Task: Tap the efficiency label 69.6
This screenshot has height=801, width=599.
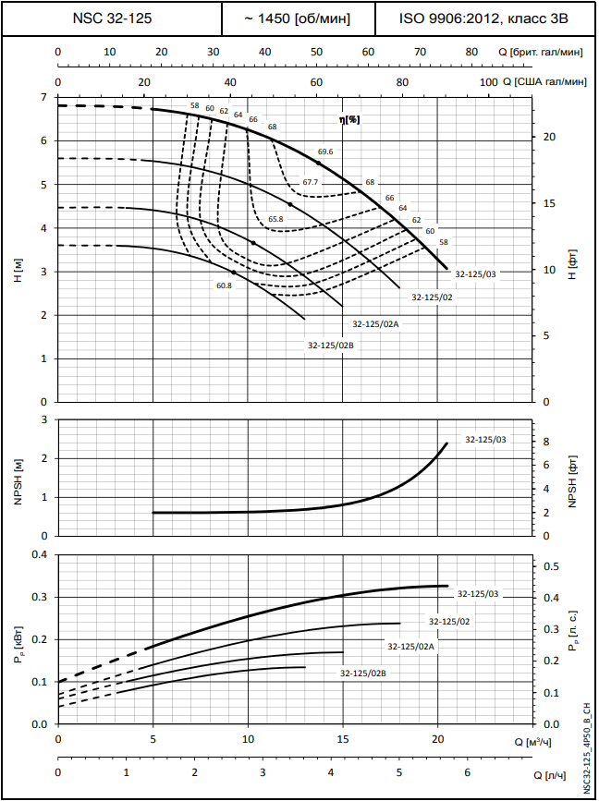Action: [x=324, y=151]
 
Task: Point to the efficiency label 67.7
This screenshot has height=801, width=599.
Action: [x=310, y=182]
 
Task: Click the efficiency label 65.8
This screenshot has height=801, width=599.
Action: [x=275, y=219]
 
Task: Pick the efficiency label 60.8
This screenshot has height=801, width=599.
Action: [x=224, y=285]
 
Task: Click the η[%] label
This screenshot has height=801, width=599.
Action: [x=348, y=120]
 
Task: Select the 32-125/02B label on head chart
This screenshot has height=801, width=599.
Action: [x=331, y=345]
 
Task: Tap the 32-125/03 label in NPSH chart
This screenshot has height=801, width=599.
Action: [x=485, y=440]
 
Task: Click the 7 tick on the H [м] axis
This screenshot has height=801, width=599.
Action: [x=43, y=97]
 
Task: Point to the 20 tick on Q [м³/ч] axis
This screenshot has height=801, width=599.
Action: [x=437, y=740]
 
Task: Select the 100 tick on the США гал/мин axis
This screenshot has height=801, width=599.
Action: [x=489, y=83]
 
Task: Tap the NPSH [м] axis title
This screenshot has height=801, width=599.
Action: [x=18, y=479]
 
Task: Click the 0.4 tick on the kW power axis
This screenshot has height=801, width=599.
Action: [x=39, y=554]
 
